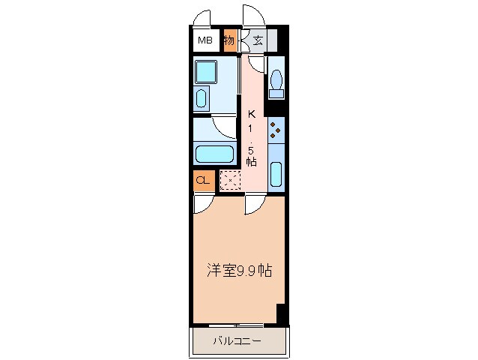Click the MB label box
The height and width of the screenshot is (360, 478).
pos(205,40)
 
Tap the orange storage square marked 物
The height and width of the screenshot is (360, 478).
pos(229,40)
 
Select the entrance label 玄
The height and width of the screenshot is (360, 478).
pos(257,40)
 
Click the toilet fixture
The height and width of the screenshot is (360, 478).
pos(276,82)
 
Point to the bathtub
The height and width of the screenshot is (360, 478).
pos(214,154)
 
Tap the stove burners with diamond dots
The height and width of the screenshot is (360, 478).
pos(276,130)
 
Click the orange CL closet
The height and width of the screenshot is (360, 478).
pos(202,180)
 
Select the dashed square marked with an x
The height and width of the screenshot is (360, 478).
pos(230,181)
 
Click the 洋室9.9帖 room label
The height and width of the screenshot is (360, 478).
pos(240,270)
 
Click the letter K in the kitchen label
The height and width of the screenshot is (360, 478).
pos(252,115)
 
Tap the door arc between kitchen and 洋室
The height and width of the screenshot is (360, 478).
pos(255,204)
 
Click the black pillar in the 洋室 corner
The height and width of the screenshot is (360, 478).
pos(280,314)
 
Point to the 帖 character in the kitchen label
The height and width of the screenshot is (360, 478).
pos(252,160)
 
